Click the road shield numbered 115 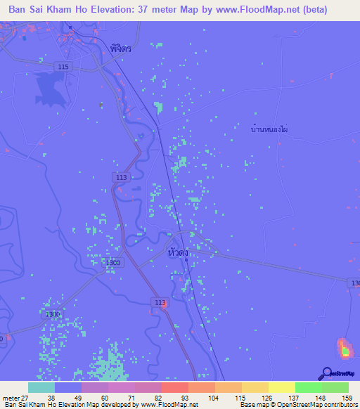(x=64, y=66)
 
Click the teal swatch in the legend (x=41, y=387)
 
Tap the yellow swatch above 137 (x=281, y=387)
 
